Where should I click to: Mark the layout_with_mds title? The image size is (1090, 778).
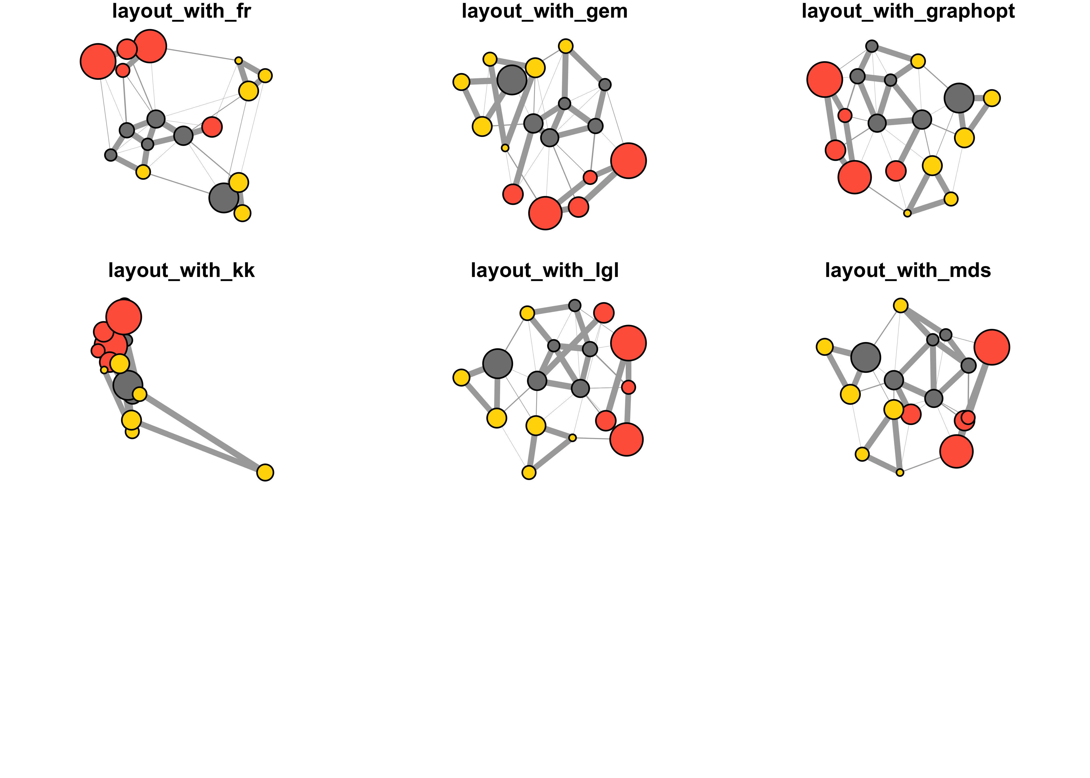tap(908, 271)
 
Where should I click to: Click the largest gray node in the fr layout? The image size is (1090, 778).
tap(223, 197)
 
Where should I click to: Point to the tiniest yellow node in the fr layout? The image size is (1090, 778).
tap(238, 60)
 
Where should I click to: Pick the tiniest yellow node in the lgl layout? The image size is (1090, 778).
tap(572, 438)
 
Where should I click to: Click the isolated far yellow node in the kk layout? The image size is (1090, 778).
tap(265, 472)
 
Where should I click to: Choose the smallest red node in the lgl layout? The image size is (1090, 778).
tap(628, 387)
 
